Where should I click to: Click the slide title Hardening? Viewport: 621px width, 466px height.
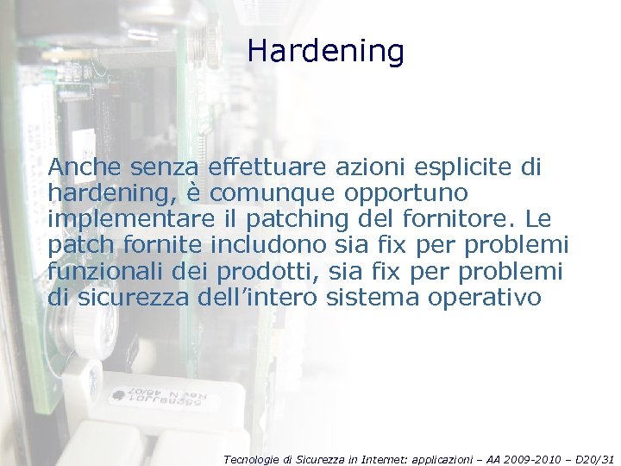[x=325, y=52]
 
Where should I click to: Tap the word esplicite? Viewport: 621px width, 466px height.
[x=467, y=167]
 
